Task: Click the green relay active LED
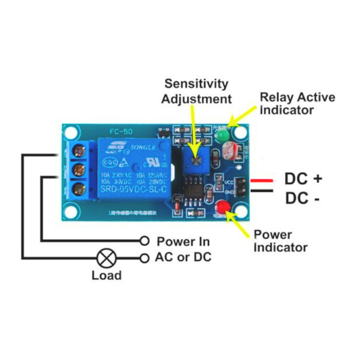tap(222, 135)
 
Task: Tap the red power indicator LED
tap(222, 207)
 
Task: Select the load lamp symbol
tap(106, 258)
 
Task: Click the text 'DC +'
tap(303, 179)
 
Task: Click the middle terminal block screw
tap(80, 169)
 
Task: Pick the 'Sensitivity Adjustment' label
tap(197, 91)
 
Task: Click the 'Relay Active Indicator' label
tap(297, 103)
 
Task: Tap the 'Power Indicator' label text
tap(280, 241)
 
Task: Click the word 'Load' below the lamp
tap(106, 275)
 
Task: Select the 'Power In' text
tap(183, 242)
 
